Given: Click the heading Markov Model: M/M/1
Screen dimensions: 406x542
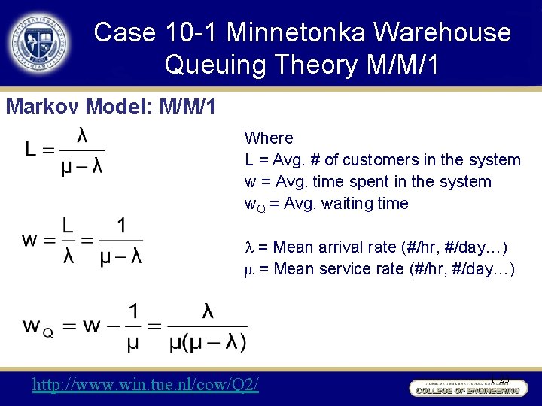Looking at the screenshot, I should [111, 106].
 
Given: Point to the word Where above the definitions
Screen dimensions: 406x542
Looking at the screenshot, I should [269, 138].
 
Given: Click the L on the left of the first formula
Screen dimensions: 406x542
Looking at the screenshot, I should [32, 150].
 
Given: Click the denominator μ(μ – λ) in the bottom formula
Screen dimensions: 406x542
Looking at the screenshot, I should [206, 342].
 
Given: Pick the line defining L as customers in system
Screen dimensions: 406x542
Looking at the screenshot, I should [382, 160].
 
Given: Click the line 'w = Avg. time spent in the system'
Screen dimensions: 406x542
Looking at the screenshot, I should [367, 182].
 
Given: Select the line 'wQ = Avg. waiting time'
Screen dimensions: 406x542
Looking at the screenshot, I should [326, 204].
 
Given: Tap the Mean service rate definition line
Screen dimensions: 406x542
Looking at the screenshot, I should [380, 269].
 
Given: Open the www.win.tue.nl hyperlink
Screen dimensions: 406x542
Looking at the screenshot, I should [145, 385].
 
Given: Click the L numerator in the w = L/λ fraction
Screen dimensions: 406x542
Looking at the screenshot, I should [69, 226].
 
